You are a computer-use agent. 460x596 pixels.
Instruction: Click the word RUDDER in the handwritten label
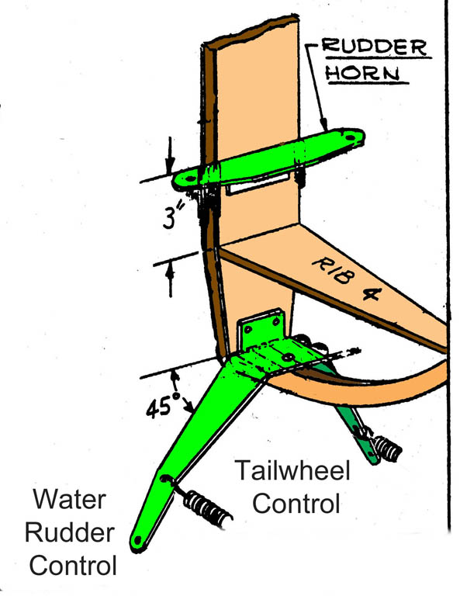tap(374, 47)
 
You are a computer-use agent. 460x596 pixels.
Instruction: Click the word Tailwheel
tap(292, 470)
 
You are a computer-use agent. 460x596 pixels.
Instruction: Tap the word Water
tap(70, 499)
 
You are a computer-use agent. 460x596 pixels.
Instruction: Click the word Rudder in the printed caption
tap(70, 532)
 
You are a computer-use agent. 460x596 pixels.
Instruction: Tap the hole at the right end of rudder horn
tap(350, 136)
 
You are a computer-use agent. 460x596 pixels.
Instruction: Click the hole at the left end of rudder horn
tap(190, 178)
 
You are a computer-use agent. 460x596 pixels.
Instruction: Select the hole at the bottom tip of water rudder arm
tap(137, 540)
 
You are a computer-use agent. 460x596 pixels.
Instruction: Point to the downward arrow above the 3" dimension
tap(170, 154)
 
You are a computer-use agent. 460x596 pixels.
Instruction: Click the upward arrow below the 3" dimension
tap(170, 279)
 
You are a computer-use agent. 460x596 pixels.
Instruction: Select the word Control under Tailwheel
tap(296, 503)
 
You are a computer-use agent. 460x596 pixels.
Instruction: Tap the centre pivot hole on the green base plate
tap(288, 357)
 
